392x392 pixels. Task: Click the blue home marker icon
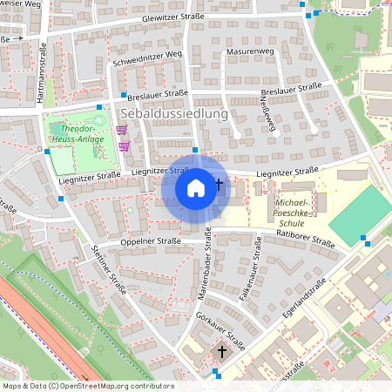point(196,187)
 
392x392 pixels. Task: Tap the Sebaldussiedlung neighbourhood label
point(174,113)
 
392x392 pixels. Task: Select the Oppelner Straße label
point(152,241)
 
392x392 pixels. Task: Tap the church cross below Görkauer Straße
point(222,353)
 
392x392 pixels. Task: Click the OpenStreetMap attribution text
point(88,386)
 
